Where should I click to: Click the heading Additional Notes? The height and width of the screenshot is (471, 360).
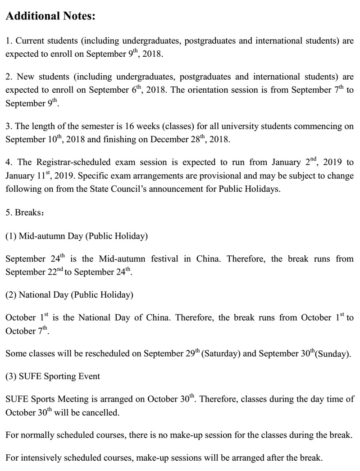(x=50, y=17)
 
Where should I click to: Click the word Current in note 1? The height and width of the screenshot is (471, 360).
(x=31, y=41)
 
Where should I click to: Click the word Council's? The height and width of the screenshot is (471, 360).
(x=126, y=189)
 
